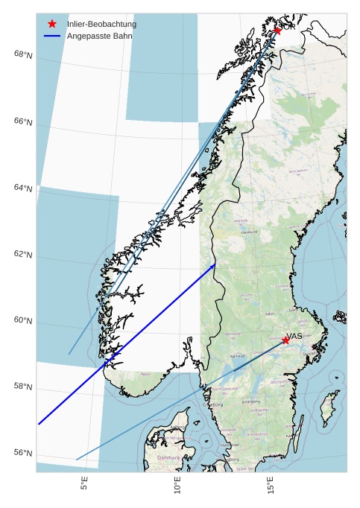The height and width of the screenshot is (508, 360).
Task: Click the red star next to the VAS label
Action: coord(285,340)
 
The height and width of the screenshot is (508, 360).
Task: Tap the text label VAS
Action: coord(294,336)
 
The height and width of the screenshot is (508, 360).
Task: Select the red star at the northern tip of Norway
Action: coord(277,31)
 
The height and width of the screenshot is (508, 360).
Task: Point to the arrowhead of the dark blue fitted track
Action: coord(214,265)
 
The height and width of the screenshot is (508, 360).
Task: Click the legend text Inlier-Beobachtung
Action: coord(101,24)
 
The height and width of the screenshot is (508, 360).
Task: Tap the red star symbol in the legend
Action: coord(52,24)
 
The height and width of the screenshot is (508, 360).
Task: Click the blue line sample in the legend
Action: coord(52,36)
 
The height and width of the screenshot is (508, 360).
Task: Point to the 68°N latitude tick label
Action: coord(23,55)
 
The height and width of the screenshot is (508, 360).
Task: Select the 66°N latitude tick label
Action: coord(23,121)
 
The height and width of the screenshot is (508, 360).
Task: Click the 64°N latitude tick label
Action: coord(23,188)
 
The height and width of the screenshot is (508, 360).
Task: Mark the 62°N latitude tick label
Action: coord(23,255)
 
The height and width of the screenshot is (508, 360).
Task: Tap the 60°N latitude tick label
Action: coord(23,321)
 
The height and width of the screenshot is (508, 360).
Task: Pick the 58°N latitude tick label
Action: coord(23,387)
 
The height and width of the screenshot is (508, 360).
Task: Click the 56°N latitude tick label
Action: coord(23,454)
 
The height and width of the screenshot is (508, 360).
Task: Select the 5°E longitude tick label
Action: coord(85,485)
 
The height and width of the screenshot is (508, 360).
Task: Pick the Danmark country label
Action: coord(168,457)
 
